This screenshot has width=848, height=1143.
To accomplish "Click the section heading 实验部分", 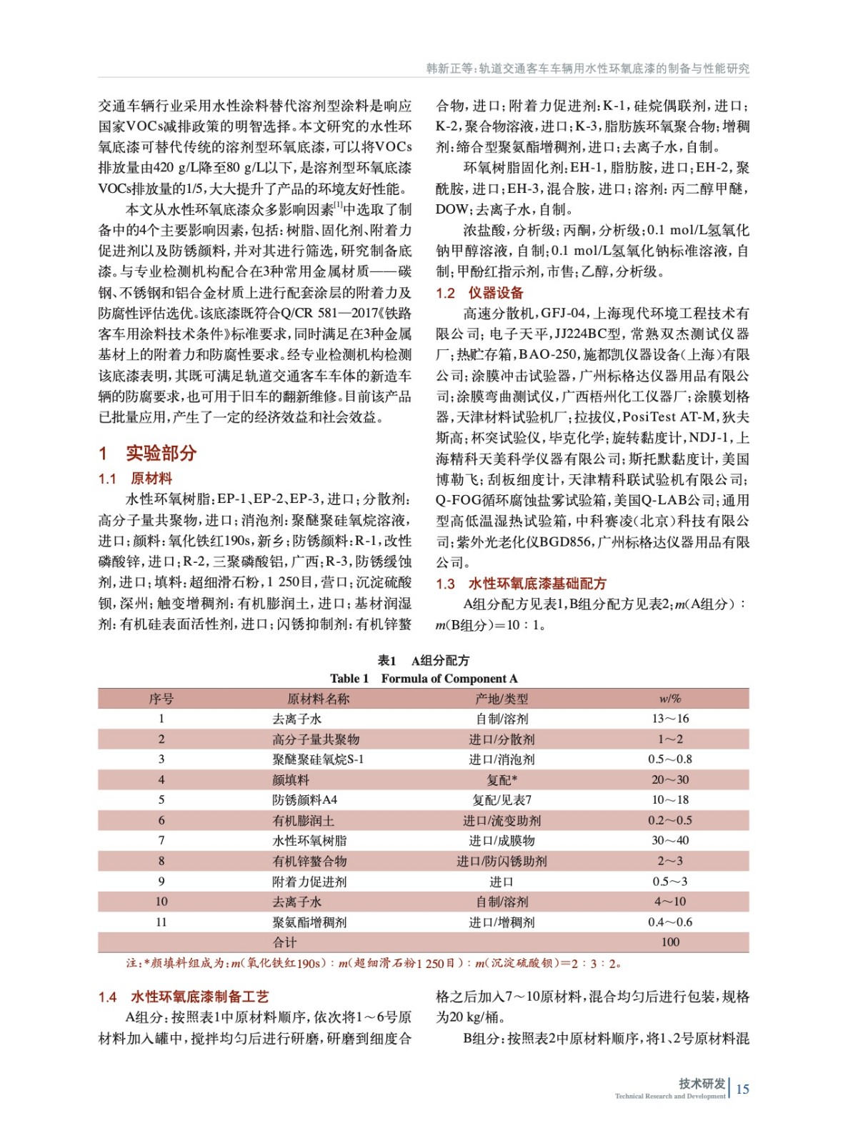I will [161, 453].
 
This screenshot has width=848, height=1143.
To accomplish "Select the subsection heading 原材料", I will [151, 479].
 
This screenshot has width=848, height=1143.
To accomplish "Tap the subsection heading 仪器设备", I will [495, 293].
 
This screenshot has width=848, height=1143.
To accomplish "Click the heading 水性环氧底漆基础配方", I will [537, 584].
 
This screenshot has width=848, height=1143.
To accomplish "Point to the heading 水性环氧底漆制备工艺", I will [199, 997].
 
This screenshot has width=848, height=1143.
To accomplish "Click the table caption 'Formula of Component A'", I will [449, 679].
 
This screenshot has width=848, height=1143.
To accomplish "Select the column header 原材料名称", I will [317, 699].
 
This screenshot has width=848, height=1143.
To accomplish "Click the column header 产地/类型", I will [501, 699].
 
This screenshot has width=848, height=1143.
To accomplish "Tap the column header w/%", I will [669, 699].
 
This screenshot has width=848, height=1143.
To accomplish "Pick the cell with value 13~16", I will [669, 719].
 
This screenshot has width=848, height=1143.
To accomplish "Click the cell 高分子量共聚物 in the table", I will [315, 739].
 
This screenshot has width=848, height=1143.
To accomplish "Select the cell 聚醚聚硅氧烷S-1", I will [317, 759].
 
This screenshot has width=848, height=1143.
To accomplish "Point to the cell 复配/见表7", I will [501, 800].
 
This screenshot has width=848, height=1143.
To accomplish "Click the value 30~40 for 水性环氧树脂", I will [669, 841].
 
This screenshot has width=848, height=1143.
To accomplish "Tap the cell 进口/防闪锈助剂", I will [501, 862].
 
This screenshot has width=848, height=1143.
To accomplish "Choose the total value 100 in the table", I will [669, 942].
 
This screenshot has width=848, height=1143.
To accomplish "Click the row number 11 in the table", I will [161, 922].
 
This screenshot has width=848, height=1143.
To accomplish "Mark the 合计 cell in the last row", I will [284, 942].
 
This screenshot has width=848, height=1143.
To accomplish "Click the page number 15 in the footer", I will [742, 1089].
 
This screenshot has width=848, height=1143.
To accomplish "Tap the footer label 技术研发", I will [702, 1084].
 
